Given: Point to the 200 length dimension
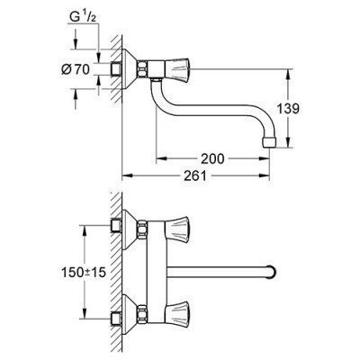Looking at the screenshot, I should pos(211,158).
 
